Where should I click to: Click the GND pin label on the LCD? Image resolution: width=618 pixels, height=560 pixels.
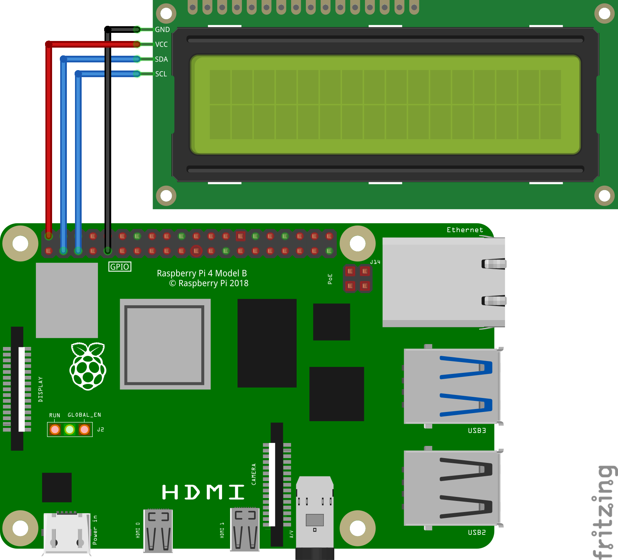point(162,30)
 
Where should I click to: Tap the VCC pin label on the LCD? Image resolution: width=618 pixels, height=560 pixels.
point(161,44)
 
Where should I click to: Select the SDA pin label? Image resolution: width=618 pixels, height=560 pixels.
point(161,59)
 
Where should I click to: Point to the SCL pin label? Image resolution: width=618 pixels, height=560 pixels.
point(161,74)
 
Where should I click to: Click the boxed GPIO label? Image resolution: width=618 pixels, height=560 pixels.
point(120,267)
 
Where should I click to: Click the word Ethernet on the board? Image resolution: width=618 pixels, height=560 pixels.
point(465,230)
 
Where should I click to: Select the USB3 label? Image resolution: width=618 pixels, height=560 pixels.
point(477,430)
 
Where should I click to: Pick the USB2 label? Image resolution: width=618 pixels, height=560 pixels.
point(477,532)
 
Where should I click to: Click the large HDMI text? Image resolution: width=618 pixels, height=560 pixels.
point(203,492)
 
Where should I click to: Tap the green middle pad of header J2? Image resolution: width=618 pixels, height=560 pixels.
point(69,429)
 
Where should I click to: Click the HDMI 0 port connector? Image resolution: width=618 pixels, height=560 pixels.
point(158,531)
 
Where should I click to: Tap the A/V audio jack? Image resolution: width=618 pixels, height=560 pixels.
point(315,517)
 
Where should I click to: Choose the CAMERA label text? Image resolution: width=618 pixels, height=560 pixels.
point(254,474)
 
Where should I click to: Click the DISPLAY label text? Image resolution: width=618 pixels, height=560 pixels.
point(41,389)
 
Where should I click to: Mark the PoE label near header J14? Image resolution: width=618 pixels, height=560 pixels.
point(330,279)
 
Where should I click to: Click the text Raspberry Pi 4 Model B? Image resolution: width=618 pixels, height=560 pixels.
point(202,273)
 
